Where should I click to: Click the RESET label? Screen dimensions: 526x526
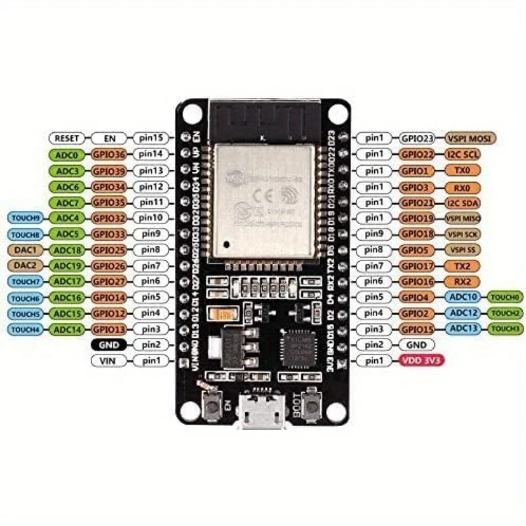point(66,139)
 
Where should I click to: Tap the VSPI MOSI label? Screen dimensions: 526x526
point(471,139)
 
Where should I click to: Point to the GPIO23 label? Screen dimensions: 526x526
point(419,139)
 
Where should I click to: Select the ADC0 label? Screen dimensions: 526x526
point(67,155)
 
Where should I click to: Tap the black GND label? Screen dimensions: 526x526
point(108,345)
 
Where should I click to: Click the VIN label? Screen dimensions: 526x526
point(108,360)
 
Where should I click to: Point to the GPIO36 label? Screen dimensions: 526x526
point(108,155)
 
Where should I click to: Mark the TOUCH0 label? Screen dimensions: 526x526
point(506,297)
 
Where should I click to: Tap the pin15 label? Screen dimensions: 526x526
point(152,139)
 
